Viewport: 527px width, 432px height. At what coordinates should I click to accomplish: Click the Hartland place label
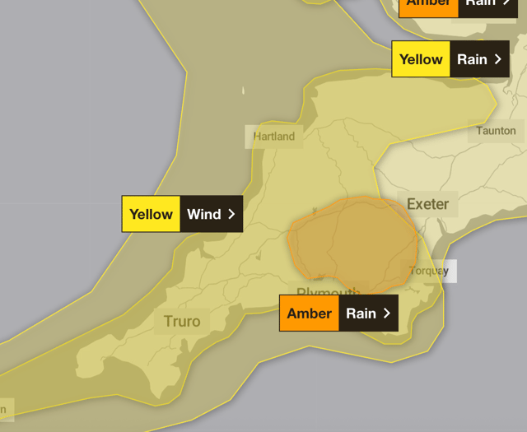coord(273,137)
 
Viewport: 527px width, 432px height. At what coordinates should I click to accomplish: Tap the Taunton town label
coord(496,131)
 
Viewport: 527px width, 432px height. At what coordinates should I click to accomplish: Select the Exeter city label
coord(427,204)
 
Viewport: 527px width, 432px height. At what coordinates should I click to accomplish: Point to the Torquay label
coord(430,271)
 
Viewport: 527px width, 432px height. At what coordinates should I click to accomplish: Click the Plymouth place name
coord(328,293)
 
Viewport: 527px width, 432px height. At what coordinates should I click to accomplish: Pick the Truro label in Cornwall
coord(182,321)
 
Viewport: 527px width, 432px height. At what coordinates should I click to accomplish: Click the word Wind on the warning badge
coord(203,214)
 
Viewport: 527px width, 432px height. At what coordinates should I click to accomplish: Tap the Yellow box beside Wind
coord(151,214)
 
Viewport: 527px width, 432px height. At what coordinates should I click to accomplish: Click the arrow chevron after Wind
coord(231,214)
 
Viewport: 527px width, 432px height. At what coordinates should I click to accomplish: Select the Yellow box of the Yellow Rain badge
coord(421,59)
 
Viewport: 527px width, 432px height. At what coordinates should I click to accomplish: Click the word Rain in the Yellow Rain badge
coord(472,59)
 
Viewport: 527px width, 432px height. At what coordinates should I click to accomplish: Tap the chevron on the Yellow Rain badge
coord(497,59)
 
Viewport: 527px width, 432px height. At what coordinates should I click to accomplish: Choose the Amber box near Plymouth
coord(309,314)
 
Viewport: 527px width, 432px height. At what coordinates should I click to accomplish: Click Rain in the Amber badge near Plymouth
coord(361,314)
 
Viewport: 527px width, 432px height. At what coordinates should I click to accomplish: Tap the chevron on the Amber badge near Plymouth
coord(386,314)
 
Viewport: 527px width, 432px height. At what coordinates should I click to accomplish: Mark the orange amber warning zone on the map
coord(354,243)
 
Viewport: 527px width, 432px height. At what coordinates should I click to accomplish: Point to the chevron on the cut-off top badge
coord(508,4)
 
